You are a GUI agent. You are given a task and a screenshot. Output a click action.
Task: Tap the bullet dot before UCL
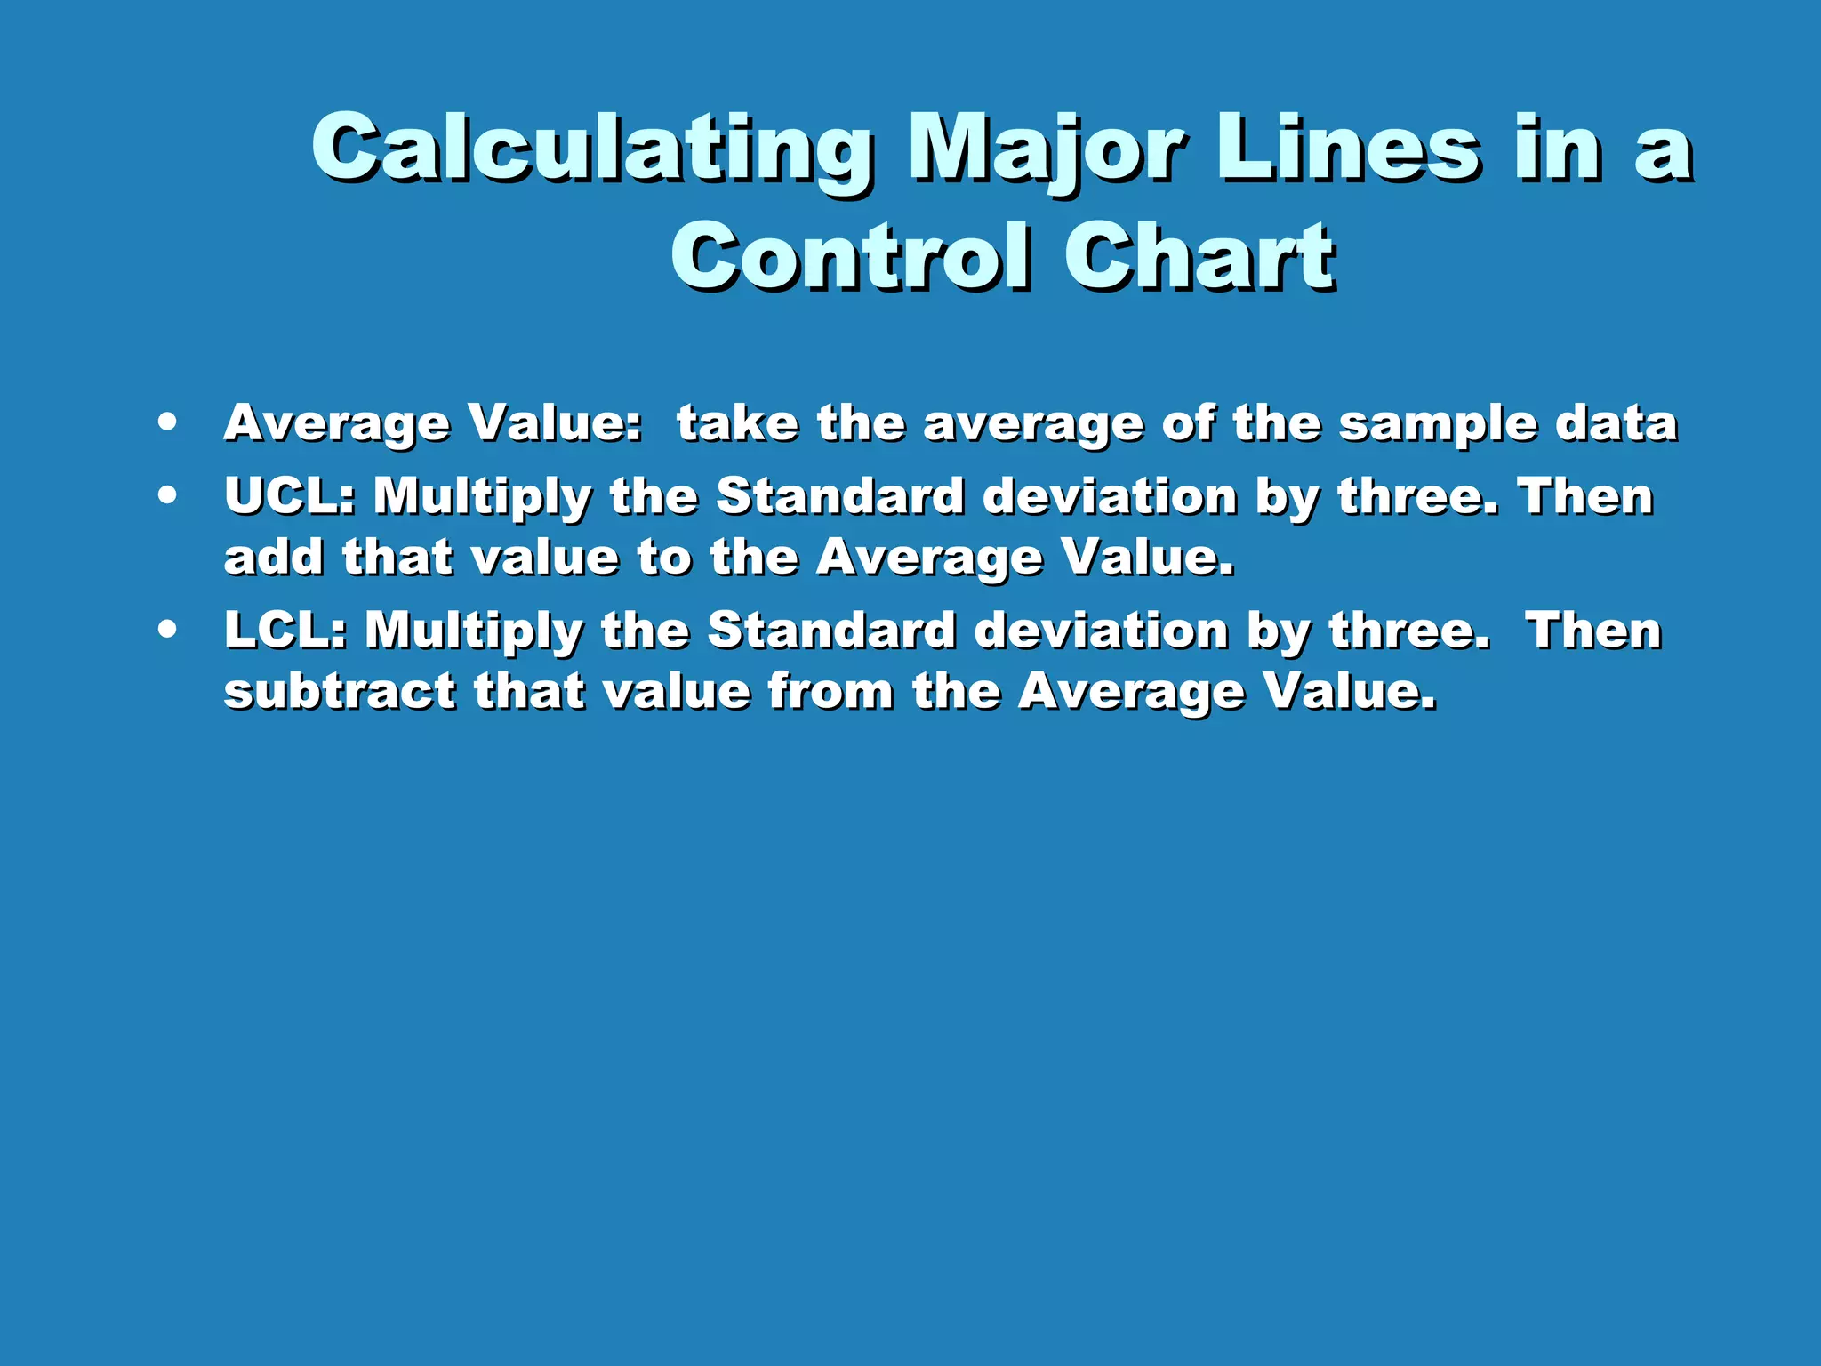(x=166, y=495)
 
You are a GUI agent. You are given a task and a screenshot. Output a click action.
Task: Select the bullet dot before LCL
(x=166, y=630)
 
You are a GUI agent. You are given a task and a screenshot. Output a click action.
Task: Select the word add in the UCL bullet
(x=273, y=558)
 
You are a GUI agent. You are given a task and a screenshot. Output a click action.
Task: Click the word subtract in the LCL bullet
(x=340, y=691)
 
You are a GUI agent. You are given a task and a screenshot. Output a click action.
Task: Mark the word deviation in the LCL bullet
(x=1101, y=630)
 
